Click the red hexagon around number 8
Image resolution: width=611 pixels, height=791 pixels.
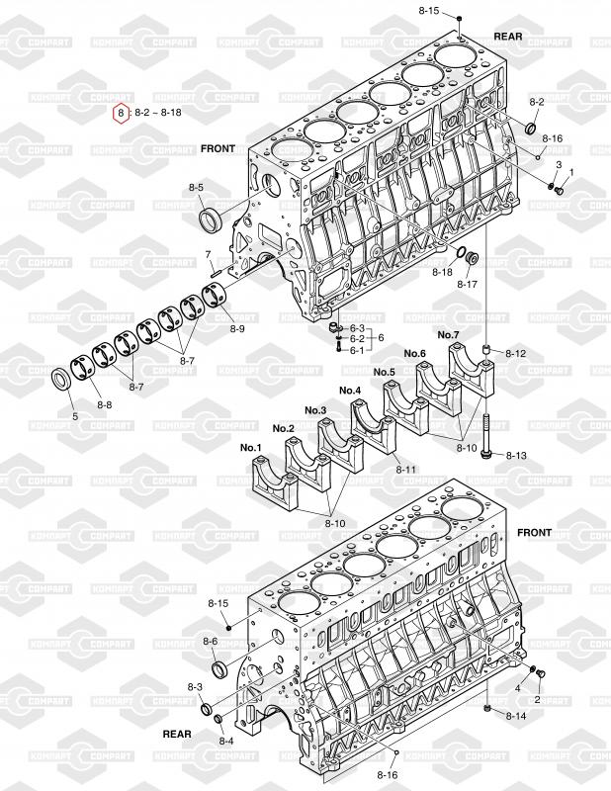click(x=121, y=113)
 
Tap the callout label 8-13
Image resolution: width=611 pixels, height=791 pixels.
click(x=516, y=456)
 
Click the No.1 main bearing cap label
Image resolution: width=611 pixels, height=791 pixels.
click(x=251, y=448)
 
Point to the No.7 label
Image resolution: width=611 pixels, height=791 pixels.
click(x=448, y=334)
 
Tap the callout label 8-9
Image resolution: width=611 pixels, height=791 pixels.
click(x=237, y=329)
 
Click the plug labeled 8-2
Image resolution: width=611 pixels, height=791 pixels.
click(x=531, y=129)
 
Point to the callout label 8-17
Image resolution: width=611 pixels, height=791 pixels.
click(x=467, y=285)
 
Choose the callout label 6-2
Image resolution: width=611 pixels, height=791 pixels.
click(x=357, y=338)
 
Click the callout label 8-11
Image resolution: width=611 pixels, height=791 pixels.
click(x=405, y=470)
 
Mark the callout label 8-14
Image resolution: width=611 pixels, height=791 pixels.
click(x=516, y=716)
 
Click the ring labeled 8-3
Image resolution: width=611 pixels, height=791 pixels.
click(x=207, y=709)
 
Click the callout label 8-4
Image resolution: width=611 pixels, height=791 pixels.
click(x=226, y=741)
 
